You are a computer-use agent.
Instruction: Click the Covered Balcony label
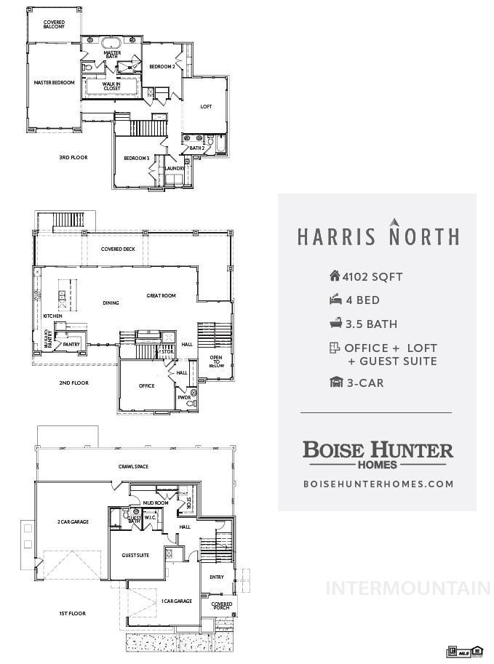coord(54,24)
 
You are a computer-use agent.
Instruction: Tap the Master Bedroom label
coord(54,83)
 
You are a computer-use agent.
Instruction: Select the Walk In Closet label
coord(111,87)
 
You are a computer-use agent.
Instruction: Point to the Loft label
coord(206,107)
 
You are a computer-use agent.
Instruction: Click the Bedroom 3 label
coord(136,159)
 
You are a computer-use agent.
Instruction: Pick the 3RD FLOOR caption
coord(73,157)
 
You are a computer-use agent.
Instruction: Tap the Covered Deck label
coord(118,249)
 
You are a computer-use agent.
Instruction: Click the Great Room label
coord(161,296)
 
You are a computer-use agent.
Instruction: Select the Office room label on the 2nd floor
coord(147,385)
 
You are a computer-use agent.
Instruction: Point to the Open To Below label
coord(216,361)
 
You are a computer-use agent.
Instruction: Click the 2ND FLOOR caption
coord(73,383)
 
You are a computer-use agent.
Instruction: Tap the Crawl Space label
coord(133,466)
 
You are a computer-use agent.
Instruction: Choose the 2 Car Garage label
coord(73,521)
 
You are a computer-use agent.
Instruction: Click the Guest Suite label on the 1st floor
coord(135,555)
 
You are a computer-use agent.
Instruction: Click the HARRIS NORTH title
coord(378,236)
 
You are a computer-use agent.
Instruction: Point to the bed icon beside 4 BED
coord(335,300)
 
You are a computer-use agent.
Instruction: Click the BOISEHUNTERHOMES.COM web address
coord(378,484)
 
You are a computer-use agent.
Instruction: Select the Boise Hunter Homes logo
coord(378,453)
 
